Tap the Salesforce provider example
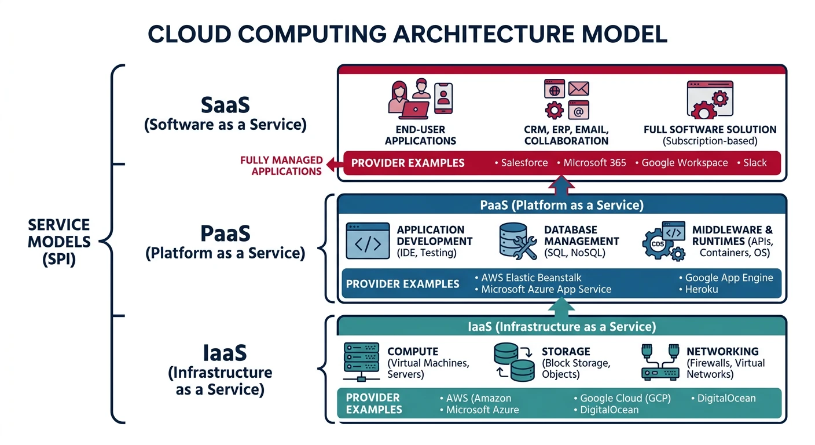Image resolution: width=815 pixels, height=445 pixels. click(524, 163)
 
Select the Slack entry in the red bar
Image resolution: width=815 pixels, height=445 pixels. click(754, 163)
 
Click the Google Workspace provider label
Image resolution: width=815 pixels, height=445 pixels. click(684, 163)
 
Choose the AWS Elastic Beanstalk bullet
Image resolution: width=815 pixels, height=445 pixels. click(531, 278)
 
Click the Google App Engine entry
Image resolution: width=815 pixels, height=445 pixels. click(728, 278)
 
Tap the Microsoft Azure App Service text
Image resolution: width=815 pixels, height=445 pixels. click(545, 289)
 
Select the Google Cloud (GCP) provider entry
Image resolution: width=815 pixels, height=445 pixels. click(622, 398)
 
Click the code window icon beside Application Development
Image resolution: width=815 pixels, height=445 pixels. click(368, 240)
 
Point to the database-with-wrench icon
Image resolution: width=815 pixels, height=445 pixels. click(517, 241)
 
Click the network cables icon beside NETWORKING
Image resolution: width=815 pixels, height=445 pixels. click(660, 362)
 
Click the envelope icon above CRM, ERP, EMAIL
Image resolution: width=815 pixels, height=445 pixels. click(578, 89)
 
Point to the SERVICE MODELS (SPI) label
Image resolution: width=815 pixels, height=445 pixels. click(60, 242)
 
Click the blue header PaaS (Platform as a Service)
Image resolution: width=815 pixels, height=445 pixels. click(561, 205)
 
